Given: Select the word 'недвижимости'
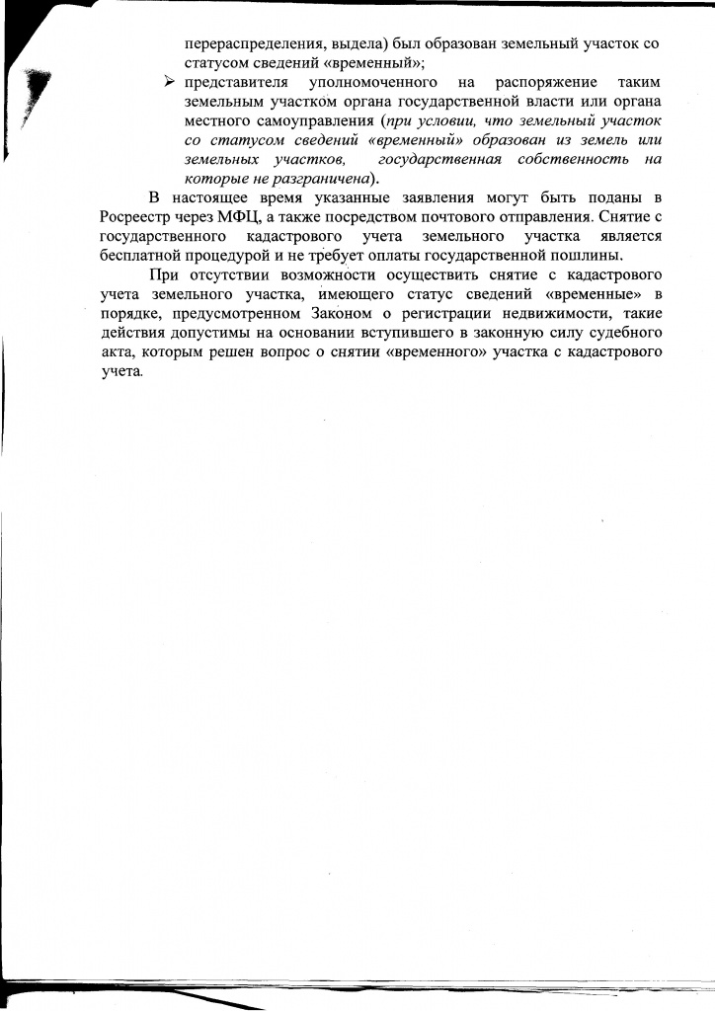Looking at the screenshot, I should pyautogui.click(x=548, y=312).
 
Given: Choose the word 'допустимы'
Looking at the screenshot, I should pyautogui.click(x=211, y=332).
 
